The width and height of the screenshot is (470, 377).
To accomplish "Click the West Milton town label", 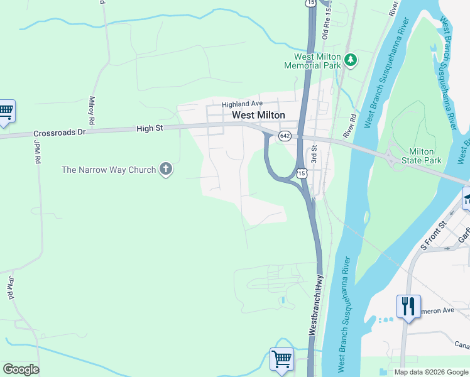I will (258, 115).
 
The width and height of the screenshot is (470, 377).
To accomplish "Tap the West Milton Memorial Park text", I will (312, 61).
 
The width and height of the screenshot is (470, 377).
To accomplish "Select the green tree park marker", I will (351, 60).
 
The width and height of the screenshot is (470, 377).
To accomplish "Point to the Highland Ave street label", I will (241, 104).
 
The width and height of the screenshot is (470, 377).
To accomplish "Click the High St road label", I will (150, 129).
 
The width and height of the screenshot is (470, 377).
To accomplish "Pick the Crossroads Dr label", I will (59, 133).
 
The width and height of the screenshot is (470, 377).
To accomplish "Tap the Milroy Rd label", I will (92, 109).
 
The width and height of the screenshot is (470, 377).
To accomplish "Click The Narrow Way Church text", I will (108, 170).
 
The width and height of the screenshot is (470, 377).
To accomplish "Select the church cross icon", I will (166, 169).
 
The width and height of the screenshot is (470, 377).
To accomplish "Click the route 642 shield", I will (285, 136).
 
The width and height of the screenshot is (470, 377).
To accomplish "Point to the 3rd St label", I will (312, 154).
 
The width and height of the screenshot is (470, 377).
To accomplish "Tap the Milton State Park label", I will (425, 156).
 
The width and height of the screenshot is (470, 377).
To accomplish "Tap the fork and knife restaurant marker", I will (408, 307).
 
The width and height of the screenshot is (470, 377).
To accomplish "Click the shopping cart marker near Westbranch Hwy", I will (282, 360).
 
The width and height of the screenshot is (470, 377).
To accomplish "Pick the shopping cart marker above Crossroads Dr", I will (6, 111).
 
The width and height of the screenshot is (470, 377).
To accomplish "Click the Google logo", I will (21, 369).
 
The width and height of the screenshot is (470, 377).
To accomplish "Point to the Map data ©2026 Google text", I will (430, 372).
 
